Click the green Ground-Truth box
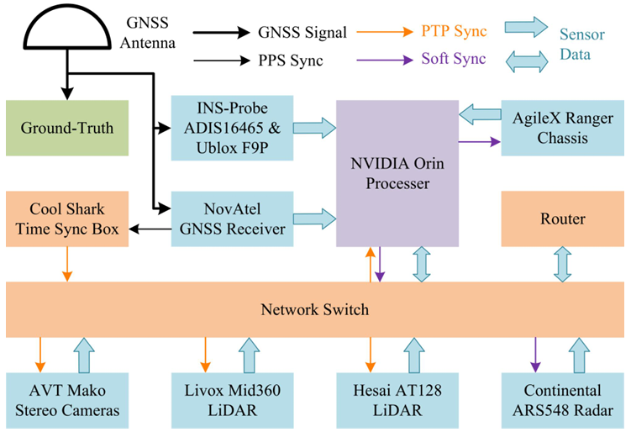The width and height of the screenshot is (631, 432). coord(67,128)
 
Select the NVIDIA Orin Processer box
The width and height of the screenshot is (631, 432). coord(397,173)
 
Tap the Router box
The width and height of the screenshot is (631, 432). coord(563,219)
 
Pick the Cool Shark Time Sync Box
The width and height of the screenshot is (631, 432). coord(67,219)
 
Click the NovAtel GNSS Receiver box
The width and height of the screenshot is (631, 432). coord(232,219)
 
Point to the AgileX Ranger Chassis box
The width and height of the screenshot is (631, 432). coord(563,128)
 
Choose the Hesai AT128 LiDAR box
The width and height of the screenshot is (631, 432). coord(397,400)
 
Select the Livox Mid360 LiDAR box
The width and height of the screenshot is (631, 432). coord(232,400)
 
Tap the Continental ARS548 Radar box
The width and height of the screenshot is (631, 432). coord(563,400)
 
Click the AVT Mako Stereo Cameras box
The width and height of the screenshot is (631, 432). coord(67,400)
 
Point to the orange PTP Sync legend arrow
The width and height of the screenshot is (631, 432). coord(385,32)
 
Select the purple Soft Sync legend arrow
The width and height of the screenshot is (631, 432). coord(385,61)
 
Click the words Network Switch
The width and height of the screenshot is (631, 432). coord(315,309)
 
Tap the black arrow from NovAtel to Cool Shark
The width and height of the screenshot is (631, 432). coord(150,229)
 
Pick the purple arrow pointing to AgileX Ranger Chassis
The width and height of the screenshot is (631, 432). coord(480,141)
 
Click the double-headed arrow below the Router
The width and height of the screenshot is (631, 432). coord(563,264)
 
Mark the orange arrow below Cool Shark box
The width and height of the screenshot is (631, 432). coord(67,264)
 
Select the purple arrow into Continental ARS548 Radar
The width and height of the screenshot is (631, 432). coord(535,355)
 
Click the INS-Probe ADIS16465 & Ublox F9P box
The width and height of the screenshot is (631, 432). coord(232,128)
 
